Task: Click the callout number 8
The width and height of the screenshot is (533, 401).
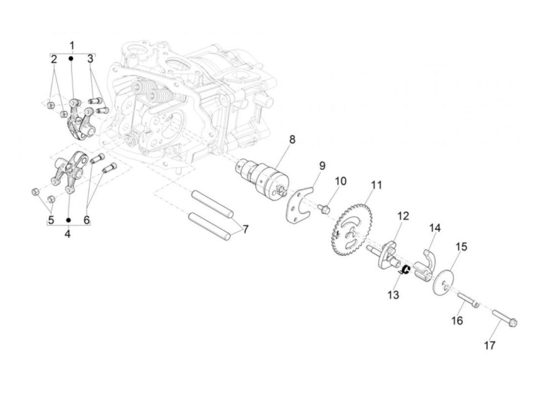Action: click(x=292, y=140)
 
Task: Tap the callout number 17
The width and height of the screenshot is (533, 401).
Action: click(x=490, y=345)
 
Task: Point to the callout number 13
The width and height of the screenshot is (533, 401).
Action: click(x=393, y=295)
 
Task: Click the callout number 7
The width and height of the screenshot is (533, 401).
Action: click(x=246, y=229)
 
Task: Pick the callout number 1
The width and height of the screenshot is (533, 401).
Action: click(x=72, y=45)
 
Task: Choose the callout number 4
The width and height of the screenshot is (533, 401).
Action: click(x=67, y=234)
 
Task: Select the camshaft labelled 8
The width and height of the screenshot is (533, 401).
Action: click(x=266, y=179)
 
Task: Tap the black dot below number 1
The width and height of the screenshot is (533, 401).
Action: click(x=71, y=59)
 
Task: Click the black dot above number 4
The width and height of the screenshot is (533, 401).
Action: click(x=69, y=220)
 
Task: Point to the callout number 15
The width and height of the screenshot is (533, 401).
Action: click(x=461, y=247)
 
